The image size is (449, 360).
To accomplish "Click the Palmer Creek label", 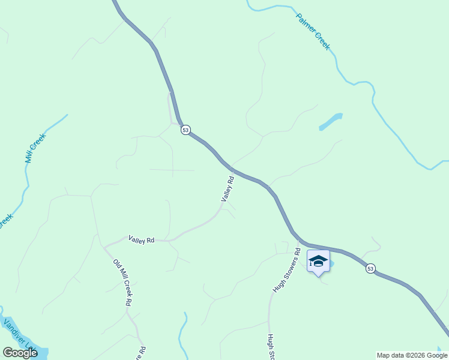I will tap(313, 31).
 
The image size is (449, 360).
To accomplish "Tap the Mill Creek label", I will tap(35, 148).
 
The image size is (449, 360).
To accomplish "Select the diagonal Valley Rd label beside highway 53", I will tap(227, 188).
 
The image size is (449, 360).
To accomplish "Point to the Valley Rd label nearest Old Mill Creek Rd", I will tap(141, 239).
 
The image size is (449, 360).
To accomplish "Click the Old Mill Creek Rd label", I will tap(122, 283).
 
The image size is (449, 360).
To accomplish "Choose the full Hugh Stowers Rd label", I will tap(286, 269).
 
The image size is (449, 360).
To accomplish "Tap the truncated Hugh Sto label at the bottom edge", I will tap(271, 348).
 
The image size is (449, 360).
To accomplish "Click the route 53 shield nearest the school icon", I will tap(370, 269).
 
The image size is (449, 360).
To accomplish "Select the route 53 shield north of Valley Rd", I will tap(185, 130).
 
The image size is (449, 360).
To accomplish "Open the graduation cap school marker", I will tap(318, 262).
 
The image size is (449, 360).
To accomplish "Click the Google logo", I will tap(20, 353).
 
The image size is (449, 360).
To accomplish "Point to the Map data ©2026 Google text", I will tap(412, 355).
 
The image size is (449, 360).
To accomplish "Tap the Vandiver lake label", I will tap(18, 335).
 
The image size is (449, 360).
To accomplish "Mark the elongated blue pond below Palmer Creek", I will tap(331, 122).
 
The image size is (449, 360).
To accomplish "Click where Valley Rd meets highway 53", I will tap(232, 169).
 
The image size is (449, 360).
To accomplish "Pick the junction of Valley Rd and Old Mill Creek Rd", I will tap(104, 247).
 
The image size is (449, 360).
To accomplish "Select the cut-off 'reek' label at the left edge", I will tap(5, 221).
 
